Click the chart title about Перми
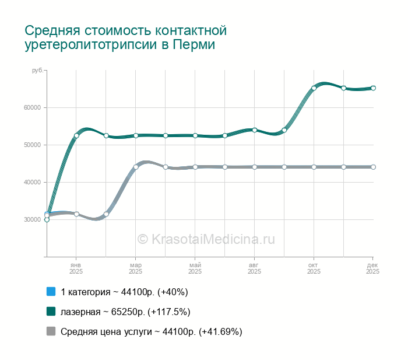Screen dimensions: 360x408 coord(125,37)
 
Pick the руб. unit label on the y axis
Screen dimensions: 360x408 coord(37,70)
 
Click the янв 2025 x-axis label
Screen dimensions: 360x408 coord(76,268)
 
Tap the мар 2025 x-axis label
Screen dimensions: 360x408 coord(135,268)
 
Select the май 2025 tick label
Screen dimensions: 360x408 coord(195,268)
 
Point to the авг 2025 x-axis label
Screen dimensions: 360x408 coord(254,268)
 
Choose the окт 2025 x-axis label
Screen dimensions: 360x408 coord(314,268)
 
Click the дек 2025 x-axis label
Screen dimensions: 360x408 coord(372,268)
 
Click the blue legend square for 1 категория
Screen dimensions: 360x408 coord(51,292)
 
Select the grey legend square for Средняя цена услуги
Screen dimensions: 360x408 coord(51,331)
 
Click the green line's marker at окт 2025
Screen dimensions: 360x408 coord(314,88)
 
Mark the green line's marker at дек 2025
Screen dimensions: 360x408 coord(373,88)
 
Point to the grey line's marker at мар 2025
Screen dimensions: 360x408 coord(136,167)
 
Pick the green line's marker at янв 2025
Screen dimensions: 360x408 coord(76,135)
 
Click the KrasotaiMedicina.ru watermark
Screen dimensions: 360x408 coord(206,239)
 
